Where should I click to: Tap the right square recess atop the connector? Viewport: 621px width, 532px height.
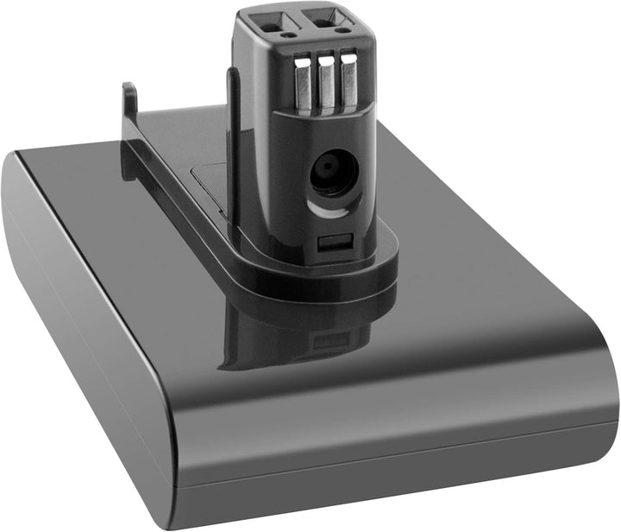[331, 19]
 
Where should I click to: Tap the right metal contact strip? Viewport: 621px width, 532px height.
[347, 86]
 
